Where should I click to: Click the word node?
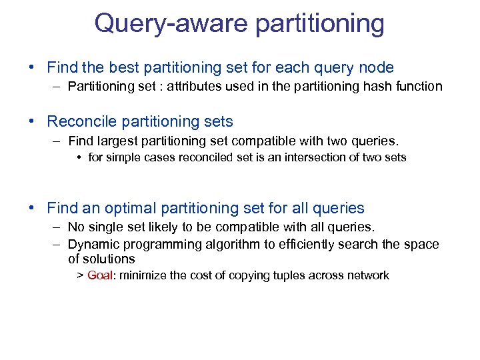click(x=375, y=67)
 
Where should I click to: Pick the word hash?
click(x=372, y=86)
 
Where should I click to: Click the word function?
click(x=417, y=86)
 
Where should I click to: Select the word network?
click(x=367, y=275)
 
